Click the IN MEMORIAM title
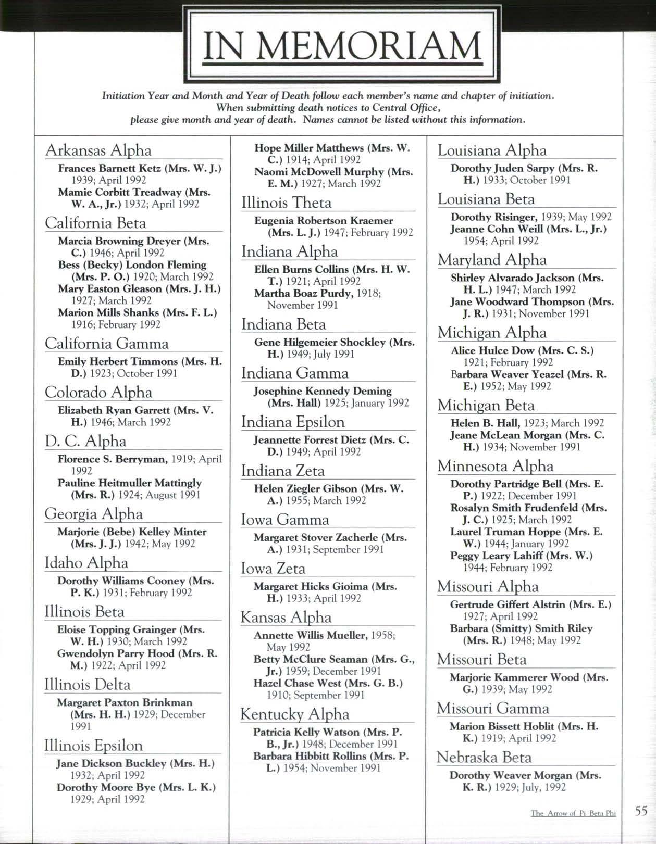[341, 46]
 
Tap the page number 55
[641, 811]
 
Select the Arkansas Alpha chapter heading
[98, 150]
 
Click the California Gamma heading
[107, 344]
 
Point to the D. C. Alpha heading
[85, 441]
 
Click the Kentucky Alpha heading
[294, 714]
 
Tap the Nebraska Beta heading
[484, 757]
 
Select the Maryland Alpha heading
[492, 260]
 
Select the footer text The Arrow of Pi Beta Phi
[573, 813]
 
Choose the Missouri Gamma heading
[493, 708]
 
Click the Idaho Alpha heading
[86, 563]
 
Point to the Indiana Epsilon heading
[293, 422]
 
